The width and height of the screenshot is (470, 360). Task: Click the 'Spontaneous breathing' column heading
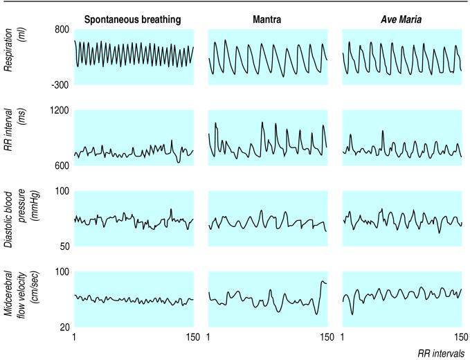tap(133, 20)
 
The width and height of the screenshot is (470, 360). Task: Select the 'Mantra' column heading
tap(267, 20)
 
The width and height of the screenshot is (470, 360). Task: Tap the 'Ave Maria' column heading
tap(402, 20)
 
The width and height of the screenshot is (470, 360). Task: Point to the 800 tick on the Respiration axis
tap(60, 30)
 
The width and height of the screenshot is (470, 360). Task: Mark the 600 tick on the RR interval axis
tap(60, 165)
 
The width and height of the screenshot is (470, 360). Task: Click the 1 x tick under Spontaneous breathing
tap(75, 337)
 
